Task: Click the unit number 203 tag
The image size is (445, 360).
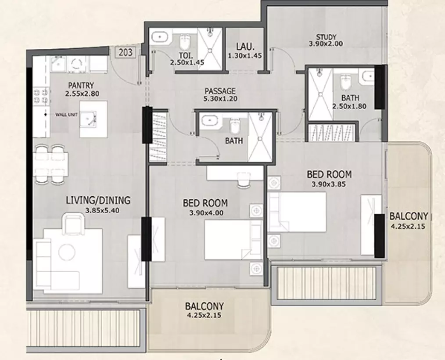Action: tap(126, 53)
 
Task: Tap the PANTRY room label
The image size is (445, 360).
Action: tap(81, 86)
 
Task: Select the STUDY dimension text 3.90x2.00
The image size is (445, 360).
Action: tap(326, 44)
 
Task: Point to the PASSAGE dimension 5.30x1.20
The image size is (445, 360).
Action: tap(220, 98)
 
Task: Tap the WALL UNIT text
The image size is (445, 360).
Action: tap(66, 115)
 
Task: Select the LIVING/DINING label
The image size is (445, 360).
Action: tap(98, 201)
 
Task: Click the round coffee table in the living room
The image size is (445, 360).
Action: tap(67, 252)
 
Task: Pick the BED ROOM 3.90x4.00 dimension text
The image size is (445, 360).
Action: tap(206, 212)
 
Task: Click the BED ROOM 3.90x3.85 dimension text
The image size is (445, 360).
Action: tap(329, 184)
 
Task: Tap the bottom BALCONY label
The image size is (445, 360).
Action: tap(205, 306)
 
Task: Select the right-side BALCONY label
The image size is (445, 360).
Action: tap(409, 216)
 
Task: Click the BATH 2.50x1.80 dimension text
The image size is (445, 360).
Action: tap(349, 107)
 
